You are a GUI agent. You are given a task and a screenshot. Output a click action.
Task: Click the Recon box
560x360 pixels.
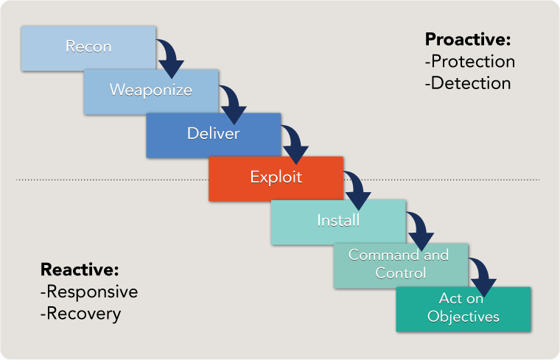pos(88,48)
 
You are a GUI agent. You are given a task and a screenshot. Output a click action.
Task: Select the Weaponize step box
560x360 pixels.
pos(151,91)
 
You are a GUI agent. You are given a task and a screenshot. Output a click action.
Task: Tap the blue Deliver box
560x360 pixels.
pos(213,135)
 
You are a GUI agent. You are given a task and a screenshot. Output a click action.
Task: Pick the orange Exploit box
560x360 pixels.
pos(276,178)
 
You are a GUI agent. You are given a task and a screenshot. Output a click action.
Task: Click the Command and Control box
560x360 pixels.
pos(399,264)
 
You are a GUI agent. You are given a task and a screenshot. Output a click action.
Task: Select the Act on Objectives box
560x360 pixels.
pos(463,308)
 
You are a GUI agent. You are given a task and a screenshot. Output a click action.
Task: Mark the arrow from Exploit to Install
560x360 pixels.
pos(358,190)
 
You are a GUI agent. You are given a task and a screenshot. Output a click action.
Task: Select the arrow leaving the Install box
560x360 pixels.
pos(420,233)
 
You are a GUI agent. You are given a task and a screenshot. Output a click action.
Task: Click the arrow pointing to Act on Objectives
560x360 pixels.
pos(483,276)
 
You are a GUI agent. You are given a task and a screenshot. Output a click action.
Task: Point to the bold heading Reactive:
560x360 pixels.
pos(80,269)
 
